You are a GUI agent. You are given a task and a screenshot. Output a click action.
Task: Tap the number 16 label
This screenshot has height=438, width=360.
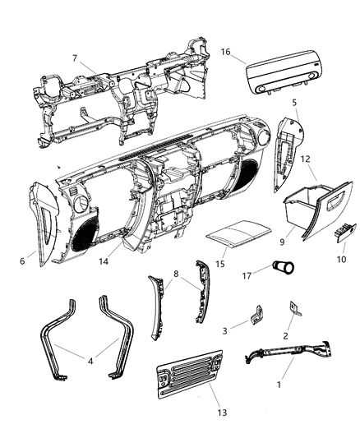(224, 51)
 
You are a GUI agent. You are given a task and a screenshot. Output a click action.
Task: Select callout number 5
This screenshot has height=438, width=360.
(294, 103)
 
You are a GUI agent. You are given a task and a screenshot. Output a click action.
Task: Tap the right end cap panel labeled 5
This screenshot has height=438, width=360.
(283, 140)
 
